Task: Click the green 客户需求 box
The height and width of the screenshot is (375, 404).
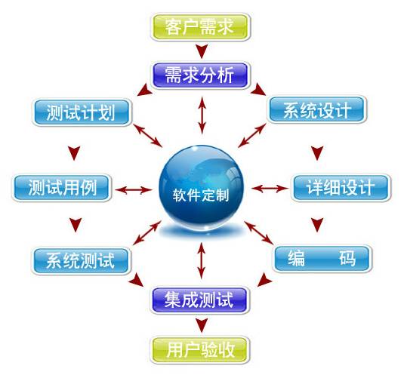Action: point(200,27)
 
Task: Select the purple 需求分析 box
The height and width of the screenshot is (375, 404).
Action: point(200,75)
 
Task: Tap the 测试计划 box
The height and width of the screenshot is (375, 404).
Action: point(82,112)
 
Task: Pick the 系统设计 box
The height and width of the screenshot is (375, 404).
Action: point(317,110)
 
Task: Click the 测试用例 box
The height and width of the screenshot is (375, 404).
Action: point(62,188)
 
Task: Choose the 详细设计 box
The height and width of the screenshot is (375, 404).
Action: point(341,187)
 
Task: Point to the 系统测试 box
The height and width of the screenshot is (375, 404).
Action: point(81,261)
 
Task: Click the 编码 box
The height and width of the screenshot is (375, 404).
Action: point(322,259)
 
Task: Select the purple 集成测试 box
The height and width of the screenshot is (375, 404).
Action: point(199,300)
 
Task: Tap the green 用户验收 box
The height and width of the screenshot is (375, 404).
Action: point(200,349)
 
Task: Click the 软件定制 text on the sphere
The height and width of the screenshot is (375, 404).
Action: point(201,195)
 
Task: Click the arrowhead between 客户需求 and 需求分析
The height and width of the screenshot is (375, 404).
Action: point(202,51)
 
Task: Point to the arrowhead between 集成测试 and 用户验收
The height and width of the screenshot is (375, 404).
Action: point(202,325)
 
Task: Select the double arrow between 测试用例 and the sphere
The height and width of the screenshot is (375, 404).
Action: point(134,190)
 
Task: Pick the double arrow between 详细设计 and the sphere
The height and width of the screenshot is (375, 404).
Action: point(270,189)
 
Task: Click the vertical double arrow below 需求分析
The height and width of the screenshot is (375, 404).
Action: point(202,115)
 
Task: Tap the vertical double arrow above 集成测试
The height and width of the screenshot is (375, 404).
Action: point(202,260)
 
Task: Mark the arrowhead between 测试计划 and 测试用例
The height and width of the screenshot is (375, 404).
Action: point(74,153)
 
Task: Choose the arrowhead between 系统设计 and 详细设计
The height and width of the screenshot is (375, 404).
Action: point(317,153)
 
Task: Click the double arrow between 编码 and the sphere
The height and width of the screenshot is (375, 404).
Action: point(258,232)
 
